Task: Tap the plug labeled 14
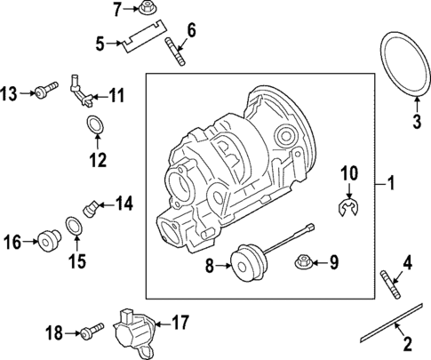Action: click(x=91, y=207)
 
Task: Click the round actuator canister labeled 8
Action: click(x=244, y=260)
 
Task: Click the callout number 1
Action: click(x=388, y=184)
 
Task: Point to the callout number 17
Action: click(x=180, y=322)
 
